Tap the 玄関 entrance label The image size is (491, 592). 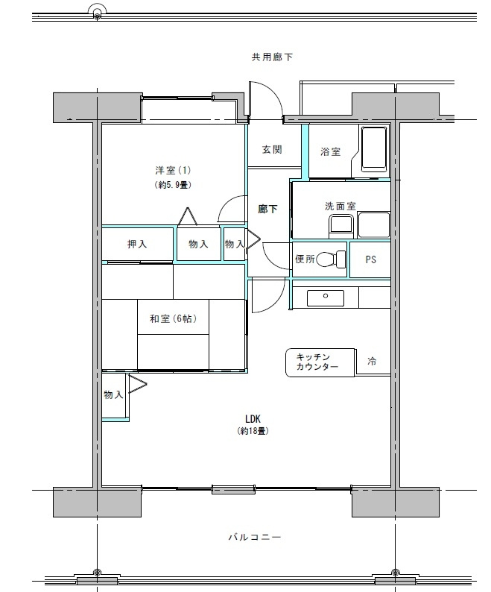[271, 150]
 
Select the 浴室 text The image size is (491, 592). [330, 152]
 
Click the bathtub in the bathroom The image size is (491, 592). [373, 150]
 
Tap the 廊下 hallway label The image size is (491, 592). [267, 210]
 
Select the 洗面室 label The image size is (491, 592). [339, 206]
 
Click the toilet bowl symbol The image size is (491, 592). [336, 259]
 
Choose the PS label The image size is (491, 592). [370, 260]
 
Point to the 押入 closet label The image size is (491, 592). [137, 244]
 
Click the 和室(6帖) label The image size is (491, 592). [173, 319]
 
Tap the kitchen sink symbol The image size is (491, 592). [326, 297]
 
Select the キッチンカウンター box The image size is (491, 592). [317, 362]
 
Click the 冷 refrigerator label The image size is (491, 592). [372, 362]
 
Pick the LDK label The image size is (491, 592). [252, 418]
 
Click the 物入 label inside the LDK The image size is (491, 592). [113, 395]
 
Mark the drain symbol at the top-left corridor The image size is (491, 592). [96, 11]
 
